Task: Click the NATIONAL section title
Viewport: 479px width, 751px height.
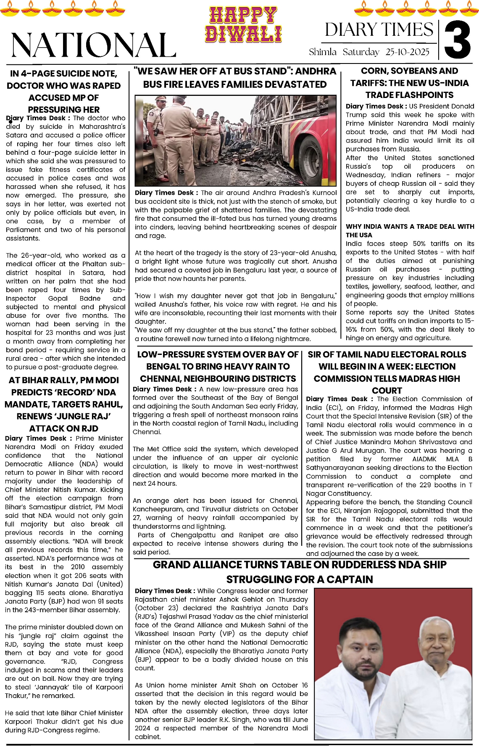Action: [x=93, y=45]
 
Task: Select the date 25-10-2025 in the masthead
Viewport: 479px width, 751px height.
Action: [x=408, y=52]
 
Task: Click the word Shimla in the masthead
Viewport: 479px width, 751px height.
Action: [x=323, y=52]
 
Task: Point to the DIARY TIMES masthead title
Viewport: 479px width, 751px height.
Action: [x=379, y=30]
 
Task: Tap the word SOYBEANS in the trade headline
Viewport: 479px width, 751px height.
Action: [x=411, y=71]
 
